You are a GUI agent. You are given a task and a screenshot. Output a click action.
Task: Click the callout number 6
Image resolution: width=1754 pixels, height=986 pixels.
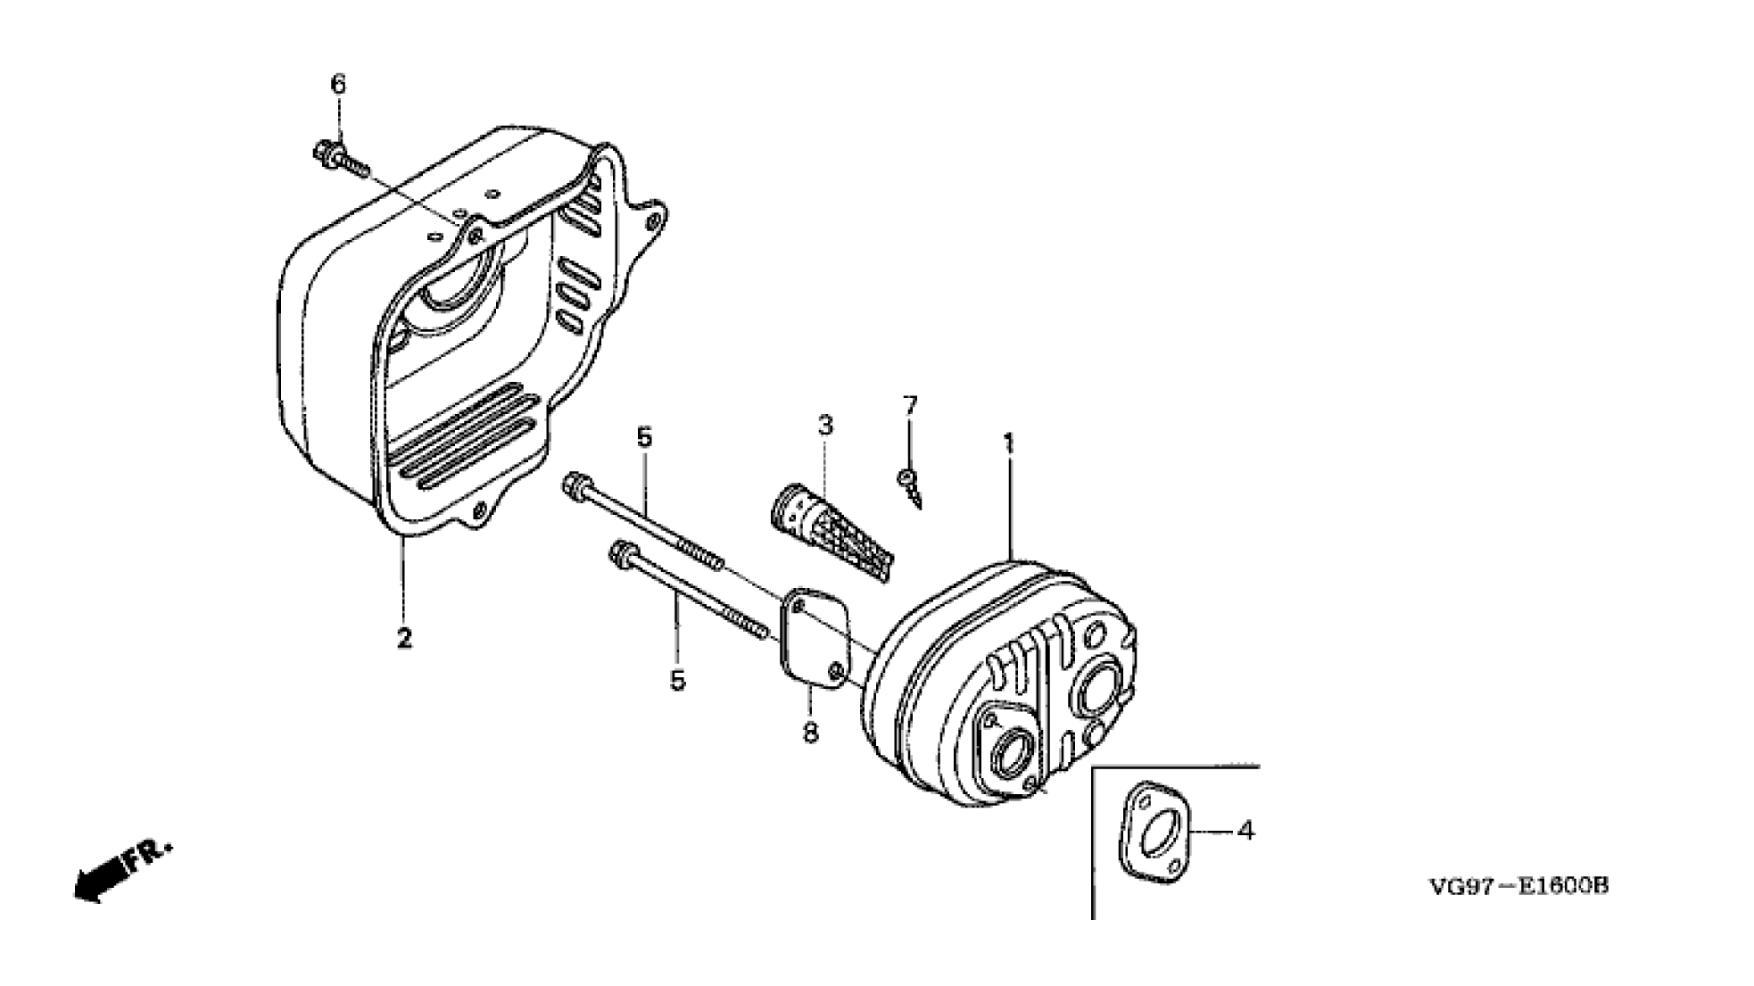[337, 85]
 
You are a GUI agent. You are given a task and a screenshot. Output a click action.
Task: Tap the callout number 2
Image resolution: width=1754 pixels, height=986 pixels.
[404, 638]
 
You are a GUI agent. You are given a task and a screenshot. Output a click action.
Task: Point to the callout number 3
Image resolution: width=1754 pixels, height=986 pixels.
[825, 425]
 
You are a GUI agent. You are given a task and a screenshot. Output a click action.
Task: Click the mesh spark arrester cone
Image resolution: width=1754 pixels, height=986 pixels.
[831, 530]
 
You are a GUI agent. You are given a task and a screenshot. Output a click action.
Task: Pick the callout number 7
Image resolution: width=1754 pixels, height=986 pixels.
[909, 406]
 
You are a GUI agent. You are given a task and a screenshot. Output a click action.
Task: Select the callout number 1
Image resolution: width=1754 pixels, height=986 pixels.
[1009, 443]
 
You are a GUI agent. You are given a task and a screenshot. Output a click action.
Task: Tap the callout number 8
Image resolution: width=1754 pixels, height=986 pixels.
[810, 733]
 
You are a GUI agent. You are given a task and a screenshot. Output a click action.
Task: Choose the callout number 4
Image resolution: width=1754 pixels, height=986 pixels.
[1246, 831]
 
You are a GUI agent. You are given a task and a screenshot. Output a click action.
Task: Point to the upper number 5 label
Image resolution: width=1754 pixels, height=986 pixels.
[644, 437]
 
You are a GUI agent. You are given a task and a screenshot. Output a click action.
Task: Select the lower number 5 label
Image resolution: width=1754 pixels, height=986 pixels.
[678, 681]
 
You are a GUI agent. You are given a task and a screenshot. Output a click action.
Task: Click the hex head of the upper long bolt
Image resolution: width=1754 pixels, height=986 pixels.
[572, 488]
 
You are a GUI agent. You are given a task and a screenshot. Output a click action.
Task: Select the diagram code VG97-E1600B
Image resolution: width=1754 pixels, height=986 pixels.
[1518, 887]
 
